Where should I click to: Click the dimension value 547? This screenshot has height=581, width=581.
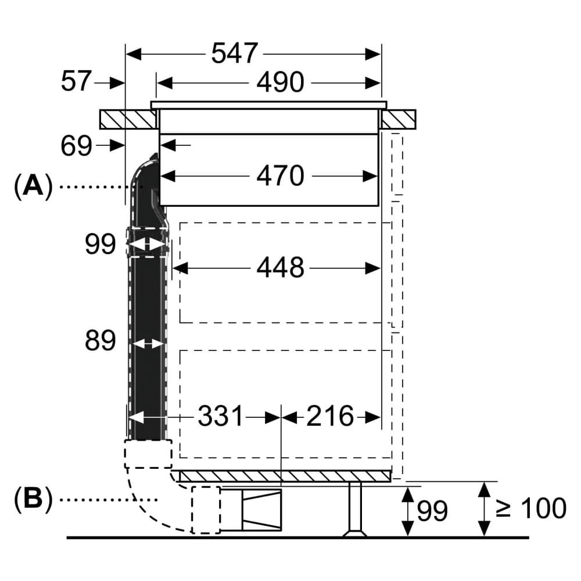click(234, 54)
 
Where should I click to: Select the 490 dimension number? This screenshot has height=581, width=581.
click(280, 83)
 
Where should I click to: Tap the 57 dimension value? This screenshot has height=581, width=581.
click(76, 82)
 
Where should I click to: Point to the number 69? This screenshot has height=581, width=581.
click(76, 146)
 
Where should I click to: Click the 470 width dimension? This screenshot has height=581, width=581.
click(280, 175)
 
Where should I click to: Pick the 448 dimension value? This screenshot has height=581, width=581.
click(280, 268)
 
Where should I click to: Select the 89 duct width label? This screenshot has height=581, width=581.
click(100, 341)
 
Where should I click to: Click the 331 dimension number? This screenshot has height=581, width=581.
click(221, 417)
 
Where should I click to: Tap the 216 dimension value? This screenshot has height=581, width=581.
click(329, 417)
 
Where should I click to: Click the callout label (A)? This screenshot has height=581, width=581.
click(33, 187)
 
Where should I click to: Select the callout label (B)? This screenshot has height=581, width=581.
click(33, 498)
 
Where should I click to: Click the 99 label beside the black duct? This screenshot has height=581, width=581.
click(100, 245)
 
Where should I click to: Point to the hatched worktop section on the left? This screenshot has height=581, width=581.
click(128, 119)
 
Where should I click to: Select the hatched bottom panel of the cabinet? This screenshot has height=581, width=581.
click(285, 476)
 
